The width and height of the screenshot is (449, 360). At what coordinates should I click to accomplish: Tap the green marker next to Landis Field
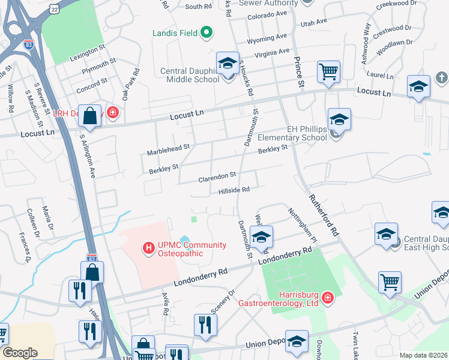pyautogui.click(x=206, y=32)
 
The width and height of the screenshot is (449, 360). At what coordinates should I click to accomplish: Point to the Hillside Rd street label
pyautogui.click(x=234, y=190)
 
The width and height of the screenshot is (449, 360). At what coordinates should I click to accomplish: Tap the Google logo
pyautogui.click(x=20, y=353)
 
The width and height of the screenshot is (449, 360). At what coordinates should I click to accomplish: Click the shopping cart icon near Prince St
pyautogui.click(x=329, y=72)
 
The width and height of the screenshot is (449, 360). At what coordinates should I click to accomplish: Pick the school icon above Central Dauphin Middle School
pyautogui.click(x=228, y=63)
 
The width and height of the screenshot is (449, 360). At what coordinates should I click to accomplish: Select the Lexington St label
pyautogui.click(x=87, y=46)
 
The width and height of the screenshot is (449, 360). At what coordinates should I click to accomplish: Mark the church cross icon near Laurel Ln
pyautogui.click(x=441, y=77)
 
